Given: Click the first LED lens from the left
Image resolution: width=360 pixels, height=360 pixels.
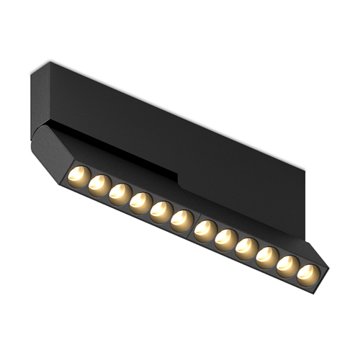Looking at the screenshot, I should coord(79,176).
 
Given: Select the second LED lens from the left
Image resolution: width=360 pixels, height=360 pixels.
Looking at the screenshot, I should coord(99,184).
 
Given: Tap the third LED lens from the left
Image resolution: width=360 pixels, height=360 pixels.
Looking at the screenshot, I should coord(120,192).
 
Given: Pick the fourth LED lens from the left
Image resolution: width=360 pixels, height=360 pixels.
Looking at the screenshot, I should coord(140,201).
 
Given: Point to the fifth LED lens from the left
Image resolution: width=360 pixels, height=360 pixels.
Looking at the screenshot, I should coord(161,210).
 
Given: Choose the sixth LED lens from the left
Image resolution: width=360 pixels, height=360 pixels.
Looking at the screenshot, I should coord(181,218).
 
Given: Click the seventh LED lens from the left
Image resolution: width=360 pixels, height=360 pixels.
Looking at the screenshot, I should coord(206,229).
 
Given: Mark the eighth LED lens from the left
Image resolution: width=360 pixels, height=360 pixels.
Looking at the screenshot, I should coord(226,238).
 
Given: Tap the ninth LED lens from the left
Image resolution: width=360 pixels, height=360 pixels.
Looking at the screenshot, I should coord(246,246).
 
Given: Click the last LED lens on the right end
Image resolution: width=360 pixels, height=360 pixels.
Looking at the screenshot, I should coord(307,273).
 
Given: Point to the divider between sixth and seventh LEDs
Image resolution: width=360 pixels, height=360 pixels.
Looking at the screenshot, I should coord(194,224).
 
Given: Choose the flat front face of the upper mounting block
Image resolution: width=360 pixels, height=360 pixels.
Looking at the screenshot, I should coord(202,137).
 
